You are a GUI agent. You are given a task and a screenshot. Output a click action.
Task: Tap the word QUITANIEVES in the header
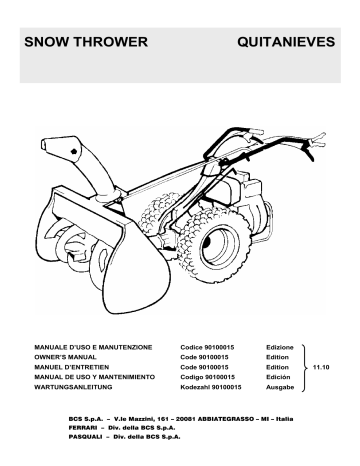click(x=286, y=45)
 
